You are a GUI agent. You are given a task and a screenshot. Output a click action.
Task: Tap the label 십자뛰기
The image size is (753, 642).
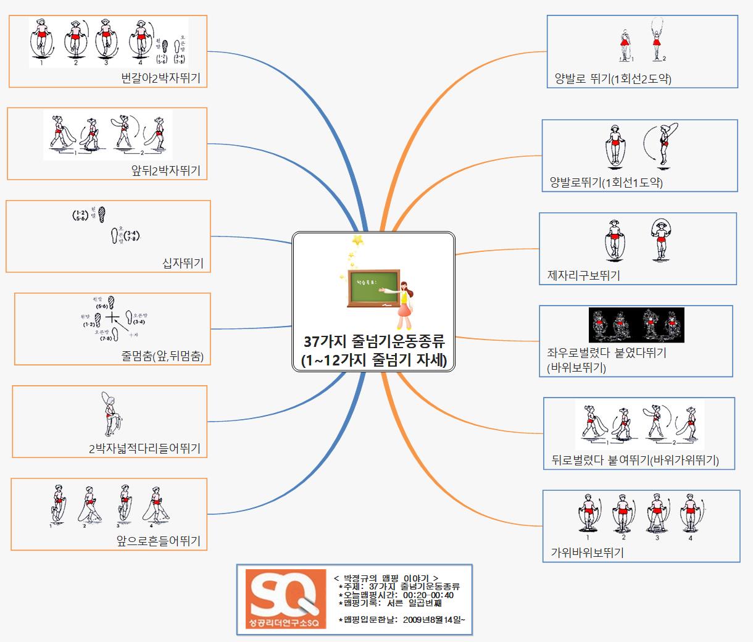183,264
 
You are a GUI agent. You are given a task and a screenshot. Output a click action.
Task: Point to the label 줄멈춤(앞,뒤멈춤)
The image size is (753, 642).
162,356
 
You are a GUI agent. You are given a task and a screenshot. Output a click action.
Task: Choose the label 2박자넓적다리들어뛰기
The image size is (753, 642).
144,449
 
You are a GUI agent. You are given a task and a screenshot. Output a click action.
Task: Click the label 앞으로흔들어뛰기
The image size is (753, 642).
159,541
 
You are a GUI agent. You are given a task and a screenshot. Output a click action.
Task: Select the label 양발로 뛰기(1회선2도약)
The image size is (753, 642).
612,78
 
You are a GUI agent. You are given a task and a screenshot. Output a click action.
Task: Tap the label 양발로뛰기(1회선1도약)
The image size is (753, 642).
606,182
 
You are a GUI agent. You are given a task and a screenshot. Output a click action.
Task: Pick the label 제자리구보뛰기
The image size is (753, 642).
583,275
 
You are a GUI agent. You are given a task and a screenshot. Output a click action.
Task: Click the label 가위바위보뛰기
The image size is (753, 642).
587,552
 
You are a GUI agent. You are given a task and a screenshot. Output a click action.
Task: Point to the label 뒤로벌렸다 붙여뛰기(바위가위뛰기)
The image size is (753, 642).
634,461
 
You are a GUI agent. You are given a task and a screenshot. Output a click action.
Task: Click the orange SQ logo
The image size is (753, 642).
285,599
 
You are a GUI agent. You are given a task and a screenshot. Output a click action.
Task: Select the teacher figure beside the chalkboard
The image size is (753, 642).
405,305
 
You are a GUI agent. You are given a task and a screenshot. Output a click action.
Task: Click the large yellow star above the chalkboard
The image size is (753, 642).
357,240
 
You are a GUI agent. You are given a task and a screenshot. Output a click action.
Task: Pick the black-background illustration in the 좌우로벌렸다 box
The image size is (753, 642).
636,325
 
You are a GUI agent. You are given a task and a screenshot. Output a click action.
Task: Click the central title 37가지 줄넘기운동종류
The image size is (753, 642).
374,341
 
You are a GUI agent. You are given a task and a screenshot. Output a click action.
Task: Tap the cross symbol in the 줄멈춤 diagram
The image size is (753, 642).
112,318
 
